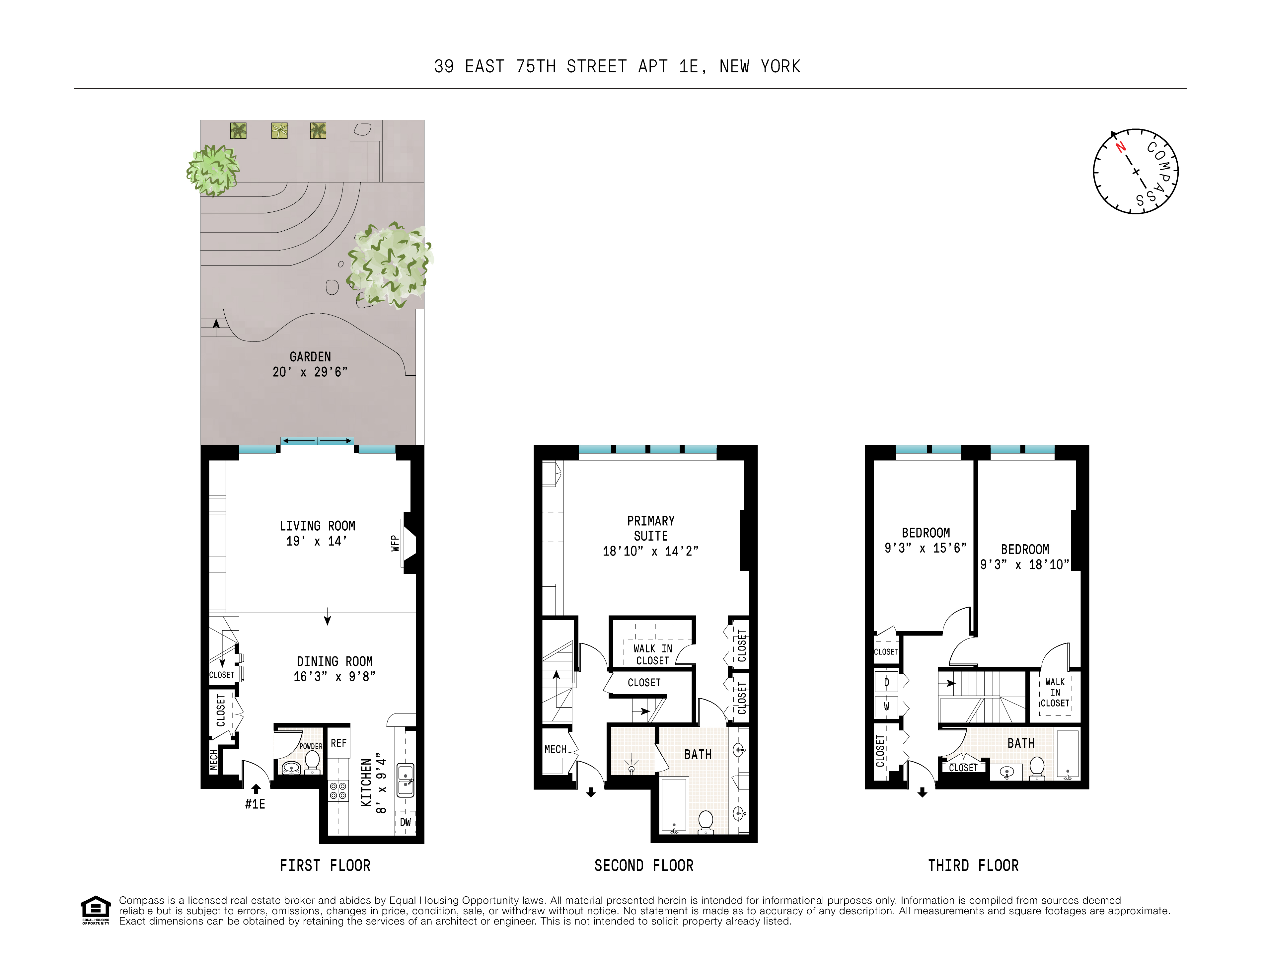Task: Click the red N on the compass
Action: pyautogui.click(x=1121, y=147)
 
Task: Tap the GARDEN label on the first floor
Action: pyautogui.click(x=310, y=357)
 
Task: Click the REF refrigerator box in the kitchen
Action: pyautogui.click(x=338, y=743)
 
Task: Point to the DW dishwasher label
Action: pyautogui.click(x=405, y=822)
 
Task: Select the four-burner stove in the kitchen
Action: pyautogui.click(x=338, y=790)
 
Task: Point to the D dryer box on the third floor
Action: pyautogui.click(x=886, y=682)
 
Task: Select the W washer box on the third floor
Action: pyautogui.click(x=886, y=706)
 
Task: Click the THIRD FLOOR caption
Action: pyautogui.click(x=974, y=865)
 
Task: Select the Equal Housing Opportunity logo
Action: pyautogui.click(x=95, y=910)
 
